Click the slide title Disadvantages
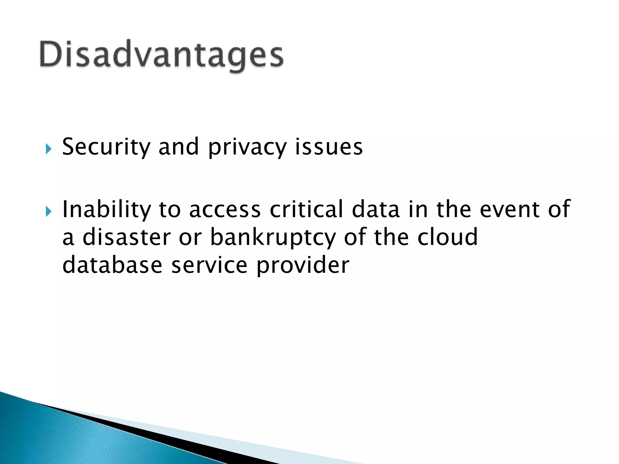(x=161, y=55)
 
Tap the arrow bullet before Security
(x=48, y=149)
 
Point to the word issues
(x=329, y=147)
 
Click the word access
(x=225, y=210)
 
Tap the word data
(x=376, y=209)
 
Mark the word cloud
(x=447, y=237)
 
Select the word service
(x=209, y=265)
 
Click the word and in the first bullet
(x=178, y=147)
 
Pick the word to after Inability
(x=170, y=210)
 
